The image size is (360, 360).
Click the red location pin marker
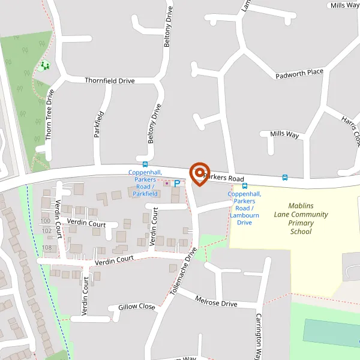tap(199, 173)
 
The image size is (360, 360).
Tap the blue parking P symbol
tap(176, 183)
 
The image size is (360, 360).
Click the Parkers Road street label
tap(223, 179)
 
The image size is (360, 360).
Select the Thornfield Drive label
tap(110, 80)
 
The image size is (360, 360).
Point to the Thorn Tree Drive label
tap(50, 115)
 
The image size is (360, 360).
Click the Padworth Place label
tap(299, 74)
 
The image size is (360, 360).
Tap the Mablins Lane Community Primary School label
tap(301, 218)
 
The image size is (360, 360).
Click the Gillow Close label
tap(137, 307)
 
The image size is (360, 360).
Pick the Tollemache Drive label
tap(183, 272)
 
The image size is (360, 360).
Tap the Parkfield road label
tap(100, 124)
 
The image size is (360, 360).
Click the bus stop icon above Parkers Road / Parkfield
tap(145, 164)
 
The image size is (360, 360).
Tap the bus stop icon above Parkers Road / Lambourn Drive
tap(245, 186)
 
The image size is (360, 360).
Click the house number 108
tap(47, 248)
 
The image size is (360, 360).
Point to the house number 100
tap(46, 221)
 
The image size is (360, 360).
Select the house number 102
tap(47, 231)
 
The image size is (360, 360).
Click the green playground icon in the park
tap(44, 65)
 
